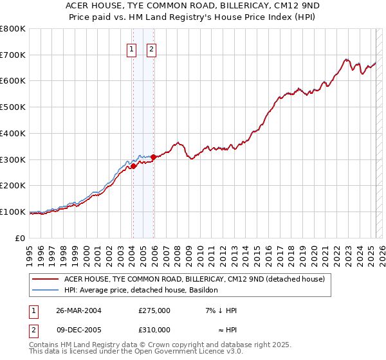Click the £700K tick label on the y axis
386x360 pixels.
(13, 55)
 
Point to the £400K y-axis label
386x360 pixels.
(13, 134)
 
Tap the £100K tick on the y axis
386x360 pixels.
(13, 212)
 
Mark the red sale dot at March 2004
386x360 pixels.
(133, 166)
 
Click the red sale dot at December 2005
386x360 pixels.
(153, 157)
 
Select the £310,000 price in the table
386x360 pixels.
(154, 330)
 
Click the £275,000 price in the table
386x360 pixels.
(154, 310)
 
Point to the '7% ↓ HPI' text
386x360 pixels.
(218, 310)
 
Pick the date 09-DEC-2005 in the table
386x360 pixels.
(78, 330)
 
